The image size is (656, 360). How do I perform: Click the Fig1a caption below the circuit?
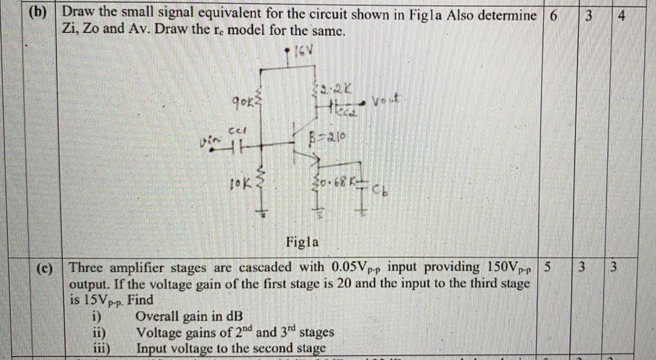tap(302, 242)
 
